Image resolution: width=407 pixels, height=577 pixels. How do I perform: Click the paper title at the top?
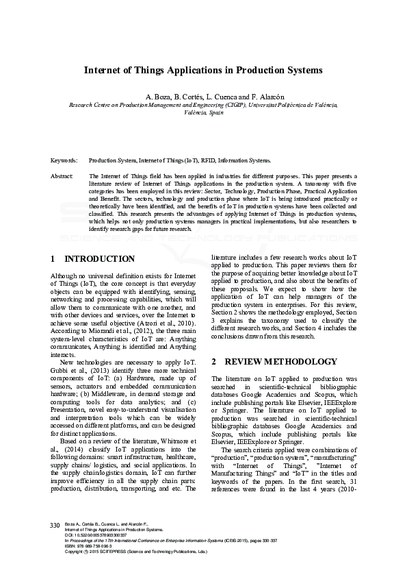click(x=203, y=70)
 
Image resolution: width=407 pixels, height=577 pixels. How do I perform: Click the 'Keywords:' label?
click(x=64, y=160)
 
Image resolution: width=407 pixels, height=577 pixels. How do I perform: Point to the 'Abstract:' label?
click(x=62, y=177)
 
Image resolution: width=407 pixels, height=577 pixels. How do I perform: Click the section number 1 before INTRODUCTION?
click(x=53, y=259)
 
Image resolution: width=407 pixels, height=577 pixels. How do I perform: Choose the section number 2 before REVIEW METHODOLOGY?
click(x=214, y=361)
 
